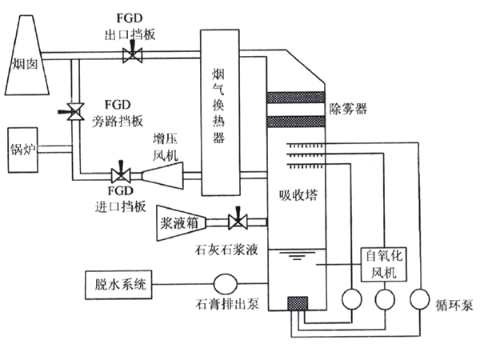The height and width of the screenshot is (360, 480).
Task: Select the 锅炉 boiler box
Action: (24, 149)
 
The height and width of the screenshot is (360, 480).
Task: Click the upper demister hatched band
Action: (295, 98)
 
